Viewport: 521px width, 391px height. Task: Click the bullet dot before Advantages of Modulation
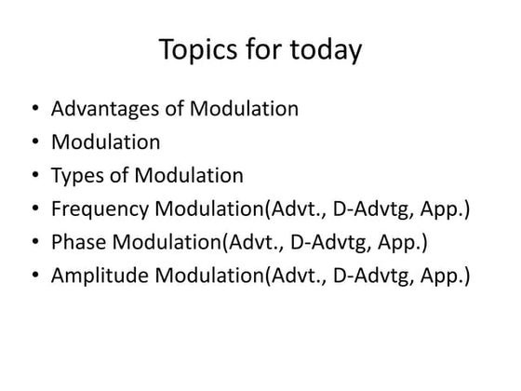click(x=34, y=110)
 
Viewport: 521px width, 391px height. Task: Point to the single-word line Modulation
click(x=106, y=142)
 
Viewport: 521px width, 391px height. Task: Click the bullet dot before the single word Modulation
click(x=34, y=143)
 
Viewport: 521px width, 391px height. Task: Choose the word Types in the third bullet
click(x=78, y=176)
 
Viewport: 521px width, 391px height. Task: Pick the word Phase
click(x=79, y=243)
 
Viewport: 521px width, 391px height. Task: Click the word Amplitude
click(x=101, y=276)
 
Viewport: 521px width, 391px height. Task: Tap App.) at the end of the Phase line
click(x=400, y=243)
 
